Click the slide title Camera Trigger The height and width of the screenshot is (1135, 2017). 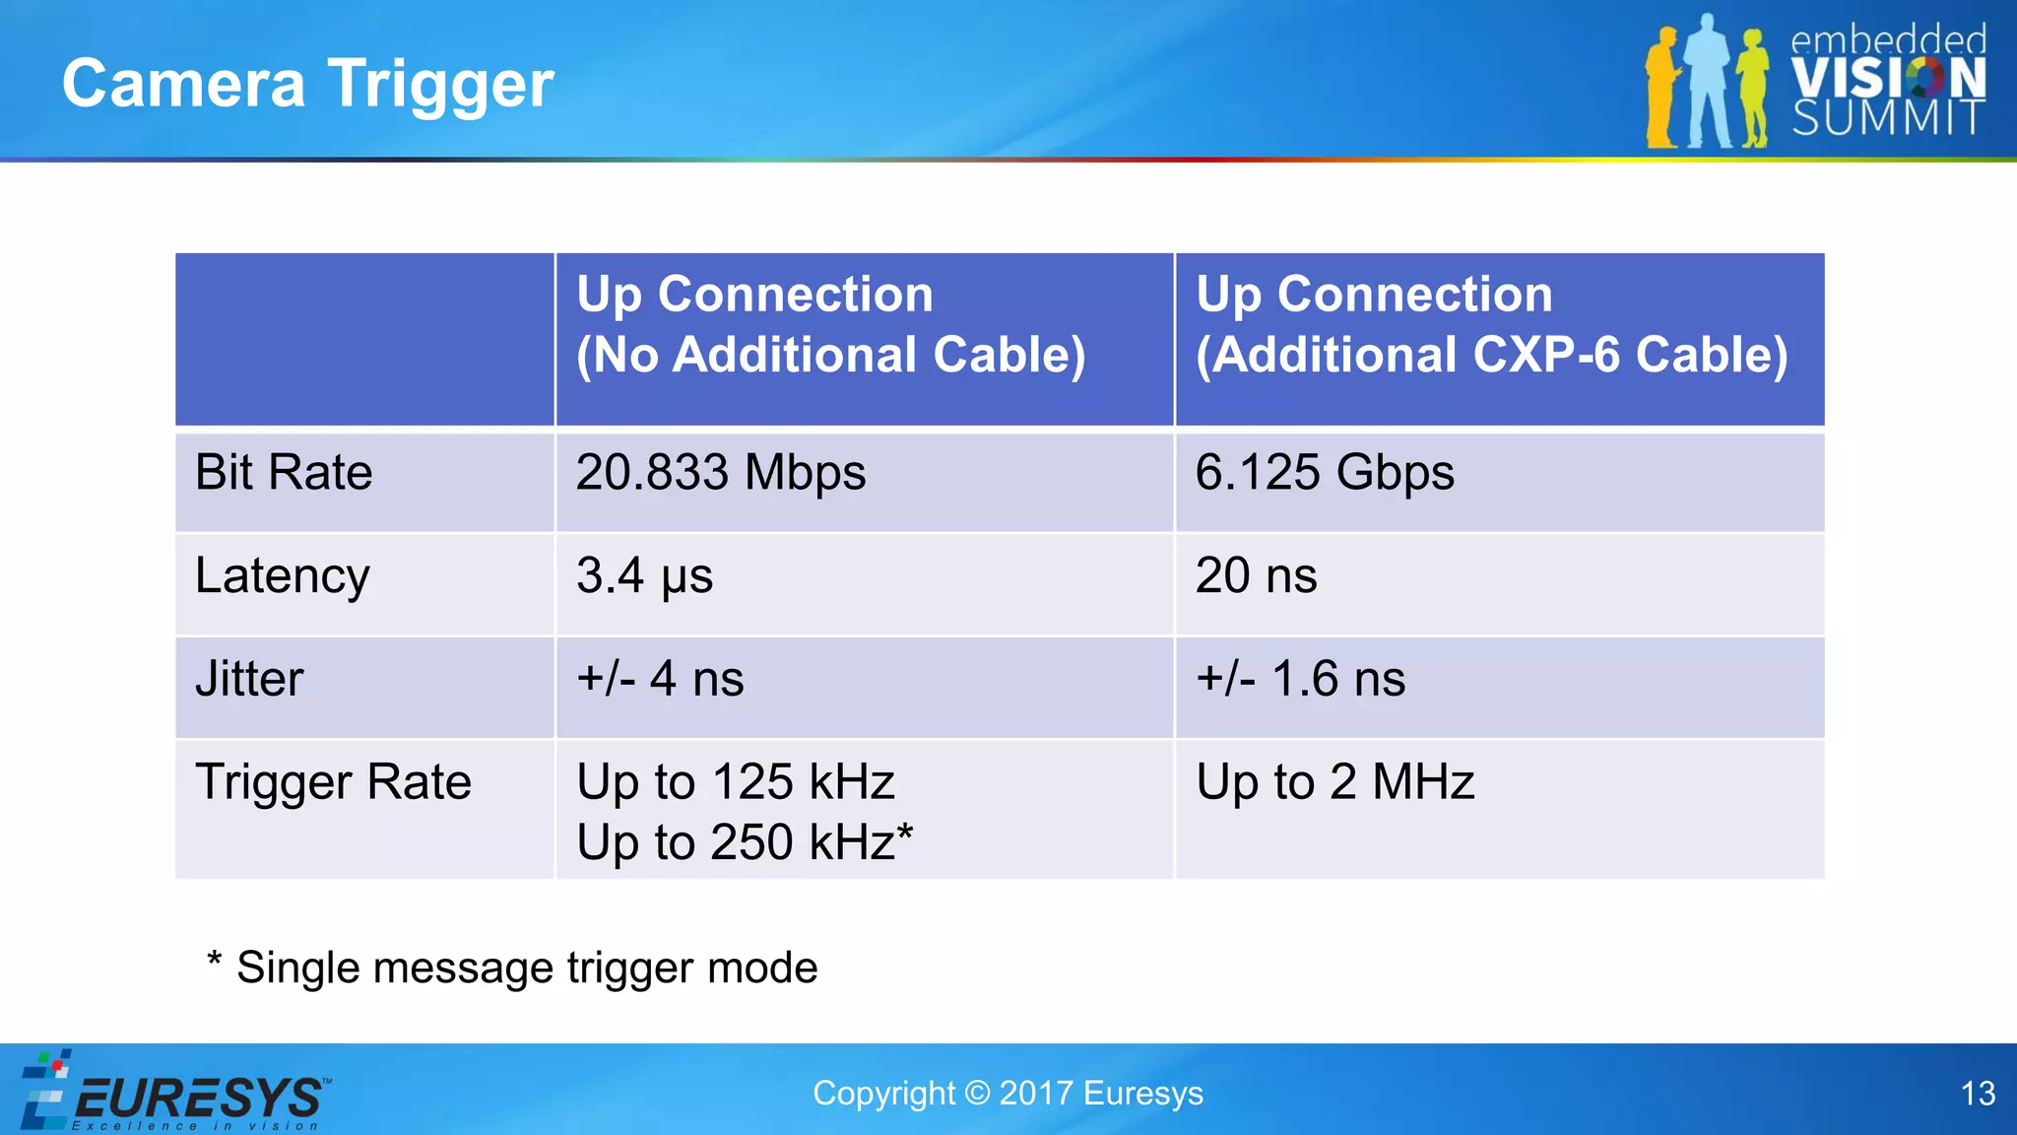307,84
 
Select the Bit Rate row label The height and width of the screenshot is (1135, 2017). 284,473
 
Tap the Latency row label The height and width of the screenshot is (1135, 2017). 283,576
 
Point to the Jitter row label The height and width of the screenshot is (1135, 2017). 249,680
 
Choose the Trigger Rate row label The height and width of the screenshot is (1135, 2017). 333,783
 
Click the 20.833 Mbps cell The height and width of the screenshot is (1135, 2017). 721,473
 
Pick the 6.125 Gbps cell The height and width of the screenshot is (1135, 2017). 1325,473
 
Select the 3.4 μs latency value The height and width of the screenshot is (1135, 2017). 644,576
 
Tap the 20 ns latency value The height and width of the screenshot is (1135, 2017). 1256,576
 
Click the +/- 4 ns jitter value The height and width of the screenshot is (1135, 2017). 660,680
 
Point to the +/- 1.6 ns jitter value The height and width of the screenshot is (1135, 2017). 1300,680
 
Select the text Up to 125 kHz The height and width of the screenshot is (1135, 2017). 736,782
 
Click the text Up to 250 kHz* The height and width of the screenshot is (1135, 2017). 745,843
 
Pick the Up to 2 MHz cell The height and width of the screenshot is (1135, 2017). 1335,783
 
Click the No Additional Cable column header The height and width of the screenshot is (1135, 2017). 830,325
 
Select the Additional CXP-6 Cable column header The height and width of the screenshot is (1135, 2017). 1491,325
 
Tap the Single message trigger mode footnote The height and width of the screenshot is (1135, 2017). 512,968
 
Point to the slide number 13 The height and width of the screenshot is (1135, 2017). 1978,1094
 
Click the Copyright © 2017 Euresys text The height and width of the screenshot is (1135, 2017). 1008,1094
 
